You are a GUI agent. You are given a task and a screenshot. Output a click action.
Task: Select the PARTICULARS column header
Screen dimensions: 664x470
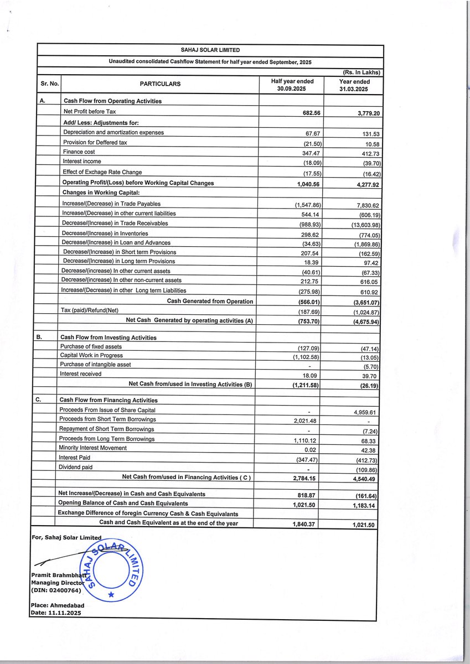160,84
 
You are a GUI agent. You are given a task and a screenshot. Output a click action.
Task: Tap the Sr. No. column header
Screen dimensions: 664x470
48,84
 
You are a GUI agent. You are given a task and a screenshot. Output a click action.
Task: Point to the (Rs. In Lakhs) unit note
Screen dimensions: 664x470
358,72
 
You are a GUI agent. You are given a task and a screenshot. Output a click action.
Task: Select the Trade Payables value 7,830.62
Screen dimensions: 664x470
364,205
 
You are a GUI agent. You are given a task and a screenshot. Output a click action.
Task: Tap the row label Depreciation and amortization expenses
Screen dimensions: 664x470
113,132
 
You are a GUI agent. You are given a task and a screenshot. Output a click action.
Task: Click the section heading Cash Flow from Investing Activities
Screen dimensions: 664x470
109,338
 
